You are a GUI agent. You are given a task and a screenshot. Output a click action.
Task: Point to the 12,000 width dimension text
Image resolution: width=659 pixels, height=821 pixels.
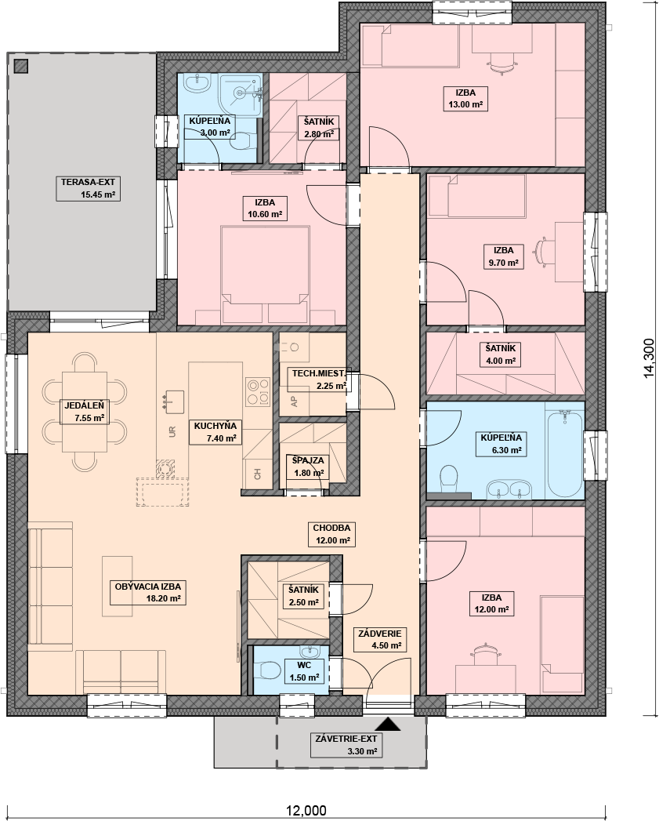click(306, 811)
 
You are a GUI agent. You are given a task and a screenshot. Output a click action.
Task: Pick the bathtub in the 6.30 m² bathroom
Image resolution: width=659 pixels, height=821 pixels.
click(564, 455)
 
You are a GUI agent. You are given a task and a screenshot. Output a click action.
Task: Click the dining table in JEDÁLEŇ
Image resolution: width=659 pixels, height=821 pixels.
click(85, 412)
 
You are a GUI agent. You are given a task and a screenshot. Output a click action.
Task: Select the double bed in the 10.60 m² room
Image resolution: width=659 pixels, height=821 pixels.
click(265, 274)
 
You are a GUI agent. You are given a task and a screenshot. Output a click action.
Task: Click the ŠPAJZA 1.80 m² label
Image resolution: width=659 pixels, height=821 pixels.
click(308, 467)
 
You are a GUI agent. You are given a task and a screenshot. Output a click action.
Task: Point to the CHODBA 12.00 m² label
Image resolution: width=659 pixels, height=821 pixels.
click(332, 534)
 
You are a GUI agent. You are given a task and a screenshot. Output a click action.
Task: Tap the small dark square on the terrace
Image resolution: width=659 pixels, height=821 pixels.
click(21, 67)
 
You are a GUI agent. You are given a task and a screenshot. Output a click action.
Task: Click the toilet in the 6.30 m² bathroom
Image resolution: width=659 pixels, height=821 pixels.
click(448, 478)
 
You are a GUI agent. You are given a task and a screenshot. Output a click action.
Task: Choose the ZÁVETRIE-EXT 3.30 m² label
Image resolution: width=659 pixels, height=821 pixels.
click(346, 745)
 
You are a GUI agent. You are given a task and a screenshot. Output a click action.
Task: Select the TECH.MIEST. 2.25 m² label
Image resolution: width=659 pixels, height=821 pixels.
click(318, 380)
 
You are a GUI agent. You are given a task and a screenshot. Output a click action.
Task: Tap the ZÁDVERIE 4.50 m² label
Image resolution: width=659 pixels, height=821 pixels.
click(379, 639)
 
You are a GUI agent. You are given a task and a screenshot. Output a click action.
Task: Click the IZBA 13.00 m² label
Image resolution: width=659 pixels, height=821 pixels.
click(465, 99)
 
